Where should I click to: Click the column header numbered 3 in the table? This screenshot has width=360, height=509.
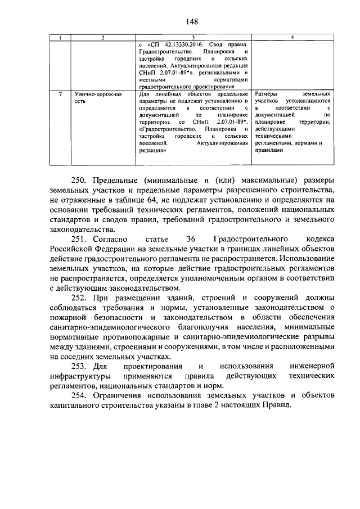click(192, 37)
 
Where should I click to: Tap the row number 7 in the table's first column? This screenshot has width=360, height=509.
click(60, 94)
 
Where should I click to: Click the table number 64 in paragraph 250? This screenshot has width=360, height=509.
click(151, 200)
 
